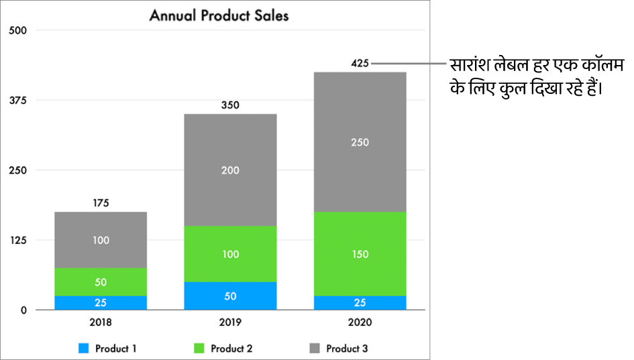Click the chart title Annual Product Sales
[219, 15]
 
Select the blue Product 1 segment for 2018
[101, 302]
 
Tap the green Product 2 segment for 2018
[101, 282]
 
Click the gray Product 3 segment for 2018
[101, 240]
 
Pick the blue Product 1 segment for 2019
[230, 296]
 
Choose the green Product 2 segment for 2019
[230, 254]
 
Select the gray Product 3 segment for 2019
[230, 170]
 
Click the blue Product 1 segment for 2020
[360, 302]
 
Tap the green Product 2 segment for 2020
[360, 254]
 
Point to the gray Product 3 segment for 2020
[360, 142]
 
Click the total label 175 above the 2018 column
[101, 202]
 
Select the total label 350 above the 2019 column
[230, 105]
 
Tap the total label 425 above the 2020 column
[360, 64]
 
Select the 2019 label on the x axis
[230, 322]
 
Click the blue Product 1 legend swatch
[84, 349]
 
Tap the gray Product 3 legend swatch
[315, 349]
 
